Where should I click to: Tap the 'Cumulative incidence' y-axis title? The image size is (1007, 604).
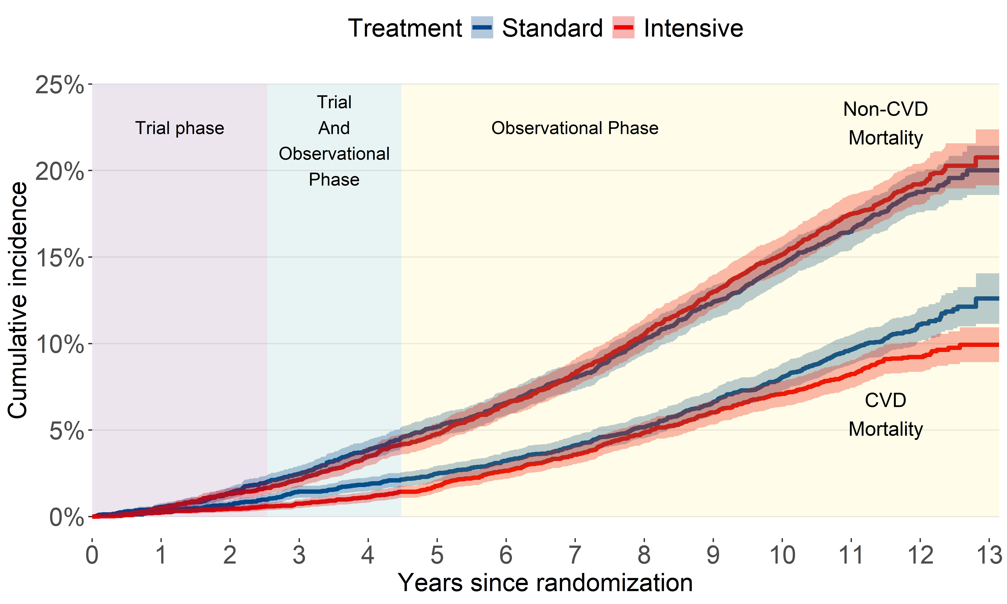(x=17, y=300)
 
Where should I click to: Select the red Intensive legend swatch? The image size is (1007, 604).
(x=623, y=28)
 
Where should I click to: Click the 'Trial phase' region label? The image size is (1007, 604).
(x=180, y=128)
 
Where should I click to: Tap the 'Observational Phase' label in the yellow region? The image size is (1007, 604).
(x=575, y=128)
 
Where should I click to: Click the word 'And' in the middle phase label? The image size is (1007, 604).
(x=334, y=128)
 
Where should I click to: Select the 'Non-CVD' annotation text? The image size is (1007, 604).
(x=885, y=109)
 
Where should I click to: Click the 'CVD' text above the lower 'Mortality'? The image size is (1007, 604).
(x=885, y=400)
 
